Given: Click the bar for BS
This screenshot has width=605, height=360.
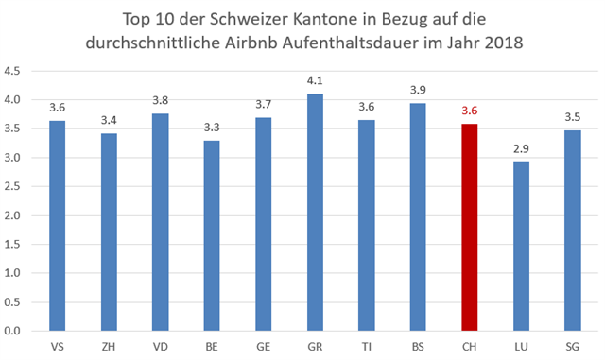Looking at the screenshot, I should [418, 217].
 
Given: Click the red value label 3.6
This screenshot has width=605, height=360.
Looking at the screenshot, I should [470, 111].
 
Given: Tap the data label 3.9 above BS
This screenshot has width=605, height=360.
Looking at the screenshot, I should [418, 92].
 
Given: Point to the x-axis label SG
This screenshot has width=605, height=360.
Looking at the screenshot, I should [571, 345].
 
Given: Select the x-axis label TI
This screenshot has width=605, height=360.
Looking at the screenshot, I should [367, 345].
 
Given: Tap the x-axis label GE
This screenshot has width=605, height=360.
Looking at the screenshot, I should [265, 345].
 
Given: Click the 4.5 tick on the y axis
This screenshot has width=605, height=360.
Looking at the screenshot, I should [14, 71].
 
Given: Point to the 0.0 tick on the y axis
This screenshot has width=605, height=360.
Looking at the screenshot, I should [14, 332].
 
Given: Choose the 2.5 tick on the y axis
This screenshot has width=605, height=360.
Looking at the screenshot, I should [14, 187].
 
